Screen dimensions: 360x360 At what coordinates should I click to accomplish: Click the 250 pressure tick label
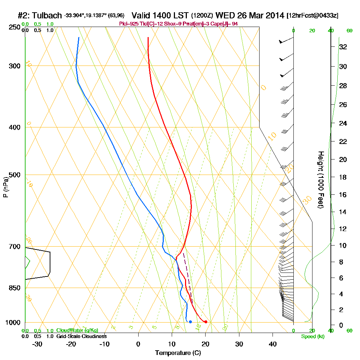(x=13, y=27)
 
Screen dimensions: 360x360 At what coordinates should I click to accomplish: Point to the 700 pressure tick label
(x=13, y=247)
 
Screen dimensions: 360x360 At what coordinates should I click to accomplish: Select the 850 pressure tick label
(x=13, y=288)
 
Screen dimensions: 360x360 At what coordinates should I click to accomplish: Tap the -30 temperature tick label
(x=37, y=344)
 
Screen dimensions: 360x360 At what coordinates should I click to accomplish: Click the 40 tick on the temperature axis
(x=273, y=344)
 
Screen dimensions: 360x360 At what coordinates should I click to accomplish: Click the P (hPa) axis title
(x=5, y=187)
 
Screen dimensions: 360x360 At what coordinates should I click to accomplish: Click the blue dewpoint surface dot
(x=190, y=321)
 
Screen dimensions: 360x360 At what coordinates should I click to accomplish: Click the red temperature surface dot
(x=206, y=321)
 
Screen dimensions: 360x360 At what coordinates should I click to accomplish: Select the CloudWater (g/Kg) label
(x=77, y=330)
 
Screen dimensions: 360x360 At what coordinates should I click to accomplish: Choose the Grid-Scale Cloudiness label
(x=81, y=336)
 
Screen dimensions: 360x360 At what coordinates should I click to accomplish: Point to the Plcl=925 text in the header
(x=129, y=23)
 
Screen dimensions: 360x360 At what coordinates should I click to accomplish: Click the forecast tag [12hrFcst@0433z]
(x=312, y=16)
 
